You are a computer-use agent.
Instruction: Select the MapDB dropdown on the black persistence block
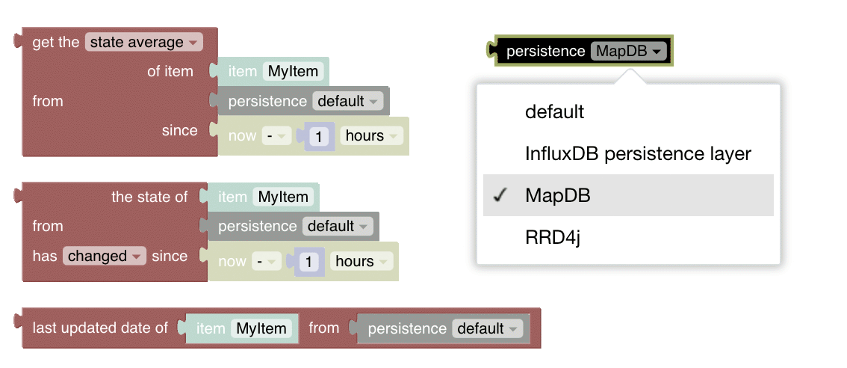tap(628, 52)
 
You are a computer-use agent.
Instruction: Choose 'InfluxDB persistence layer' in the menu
tap(638, 154)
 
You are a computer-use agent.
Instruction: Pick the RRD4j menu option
tap(553, 237)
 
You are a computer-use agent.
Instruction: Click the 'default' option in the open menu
tap(554, 112)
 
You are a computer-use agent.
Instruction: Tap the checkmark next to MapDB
tap(500, 195)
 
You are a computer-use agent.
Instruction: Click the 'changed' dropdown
tap(105, 256)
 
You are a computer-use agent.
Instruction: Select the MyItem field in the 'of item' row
tap(294, 72)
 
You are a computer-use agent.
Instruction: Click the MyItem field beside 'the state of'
tap(283, 197)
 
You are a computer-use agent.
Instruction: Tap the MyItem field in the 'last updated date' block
tap(261, 328)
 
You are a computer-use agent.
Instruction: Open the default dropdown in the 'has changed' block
tap(338, 226)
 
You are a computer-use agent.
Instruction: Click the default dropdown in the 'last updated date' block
tap(487, 328)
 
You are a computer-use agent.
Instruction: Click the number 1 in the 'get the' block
tap(319, 136)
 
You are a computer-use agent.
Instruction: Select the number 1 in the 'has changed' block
tap(308, 261)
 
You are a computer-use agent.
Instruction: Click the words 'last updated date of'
tap(100, 328)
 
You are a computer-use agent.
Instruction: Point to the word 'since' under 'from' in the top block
tap(179, 130)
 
